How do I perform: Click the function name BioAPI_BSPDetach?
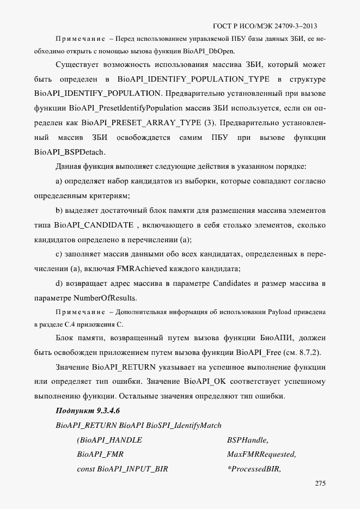tap(70, 151)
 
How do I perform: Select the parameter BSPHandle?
tap(248, 439)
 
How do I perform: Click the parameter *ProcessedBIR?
tap(254, 468)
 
